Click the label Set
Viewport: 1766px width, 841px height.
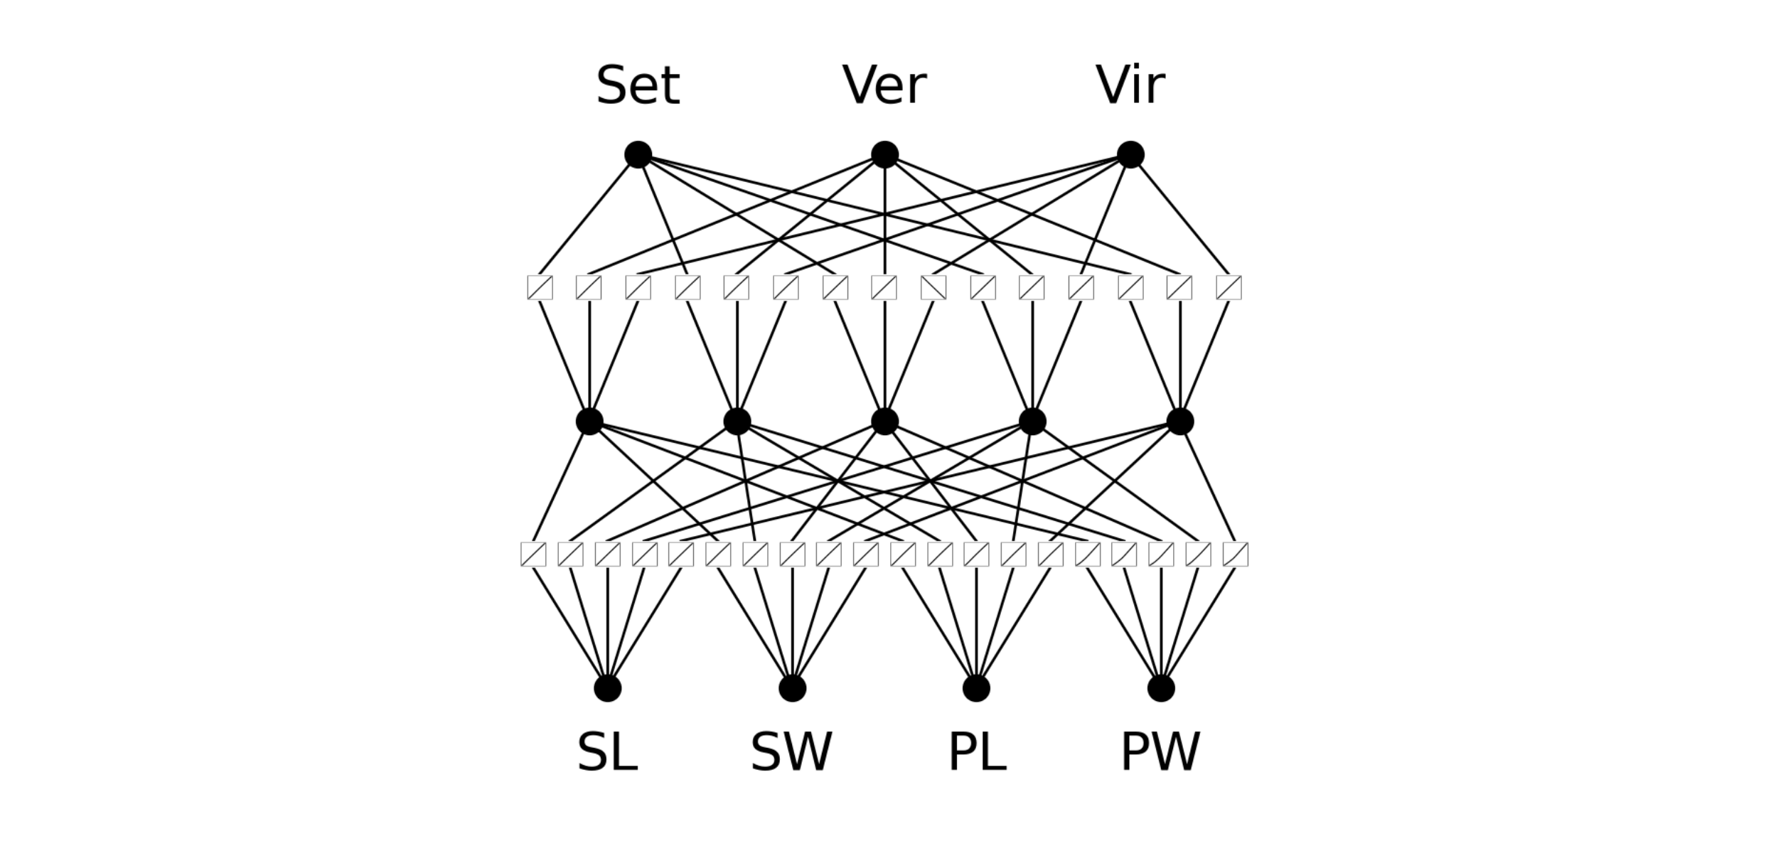coord(638,85)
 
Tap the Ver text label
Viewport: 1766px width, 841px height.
coord(884,85)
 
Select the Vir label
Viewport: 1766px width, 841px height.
coord(1130,85)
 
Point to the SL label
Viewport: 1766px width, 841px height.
coord(607,752)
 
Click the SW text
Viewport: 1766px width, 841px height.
coord(791,752)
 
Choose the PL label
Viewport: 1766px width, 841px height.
coord(977,752)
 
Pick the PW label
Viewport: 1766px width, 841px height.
coord(1160,752)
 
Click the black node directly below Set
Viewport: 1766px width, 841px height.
coord(638,154)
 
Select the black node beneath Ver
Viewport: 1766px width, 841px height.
coord(884,154)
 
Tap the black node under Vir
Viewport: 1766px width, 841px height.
coord(1130,154)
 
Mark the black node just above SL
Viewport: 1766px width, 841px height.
coord(607,688)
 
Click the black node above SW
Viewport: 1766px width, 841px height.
coord(792,688)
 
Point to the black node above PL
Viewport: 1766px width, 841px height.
coord(976,688)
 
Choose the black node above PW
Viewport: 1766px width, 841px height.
coord(1161,688)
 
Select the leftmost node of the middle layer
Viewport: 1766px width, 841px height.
coord(589,422)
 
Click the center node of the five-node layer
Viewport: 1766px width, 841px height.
coord(884,422)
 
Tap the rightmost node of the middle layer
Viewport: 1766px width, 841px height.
coord(1180,422)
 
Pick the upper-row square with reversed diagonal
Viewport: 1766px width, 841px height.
coord(933,288)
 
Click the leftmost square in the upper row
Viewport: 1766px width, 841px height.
coord(540,288)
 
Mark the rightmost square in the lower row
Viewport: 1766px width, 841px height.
coord(1235,555)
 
